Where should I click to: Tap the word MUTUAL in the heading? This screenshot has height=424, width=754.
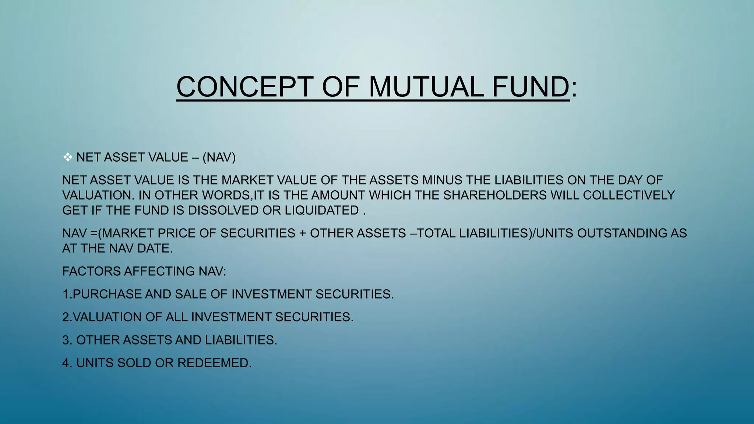pos(426,87)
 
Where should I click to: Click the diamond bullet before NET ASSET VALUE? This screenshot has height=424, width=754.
pos(67,158)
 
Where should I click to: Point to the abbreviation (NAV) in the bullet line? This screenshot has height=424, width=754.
pos(219,158)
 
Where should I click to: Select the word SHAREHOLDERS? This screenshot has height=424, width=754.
pos(495,195)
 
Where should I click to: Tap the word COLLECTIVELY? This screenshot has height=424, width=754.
pos(629,195)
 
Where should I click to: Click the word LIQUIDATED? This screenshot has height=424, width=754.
pos(322,211)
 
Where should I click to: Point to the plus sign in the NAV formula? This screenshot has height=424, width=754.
pos(303,233)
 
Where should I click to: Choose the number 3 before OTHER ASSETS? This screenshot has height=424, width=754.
pos(66,340)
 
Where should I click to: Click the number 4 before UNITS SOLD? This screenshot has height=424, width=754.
pos(66,363)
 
